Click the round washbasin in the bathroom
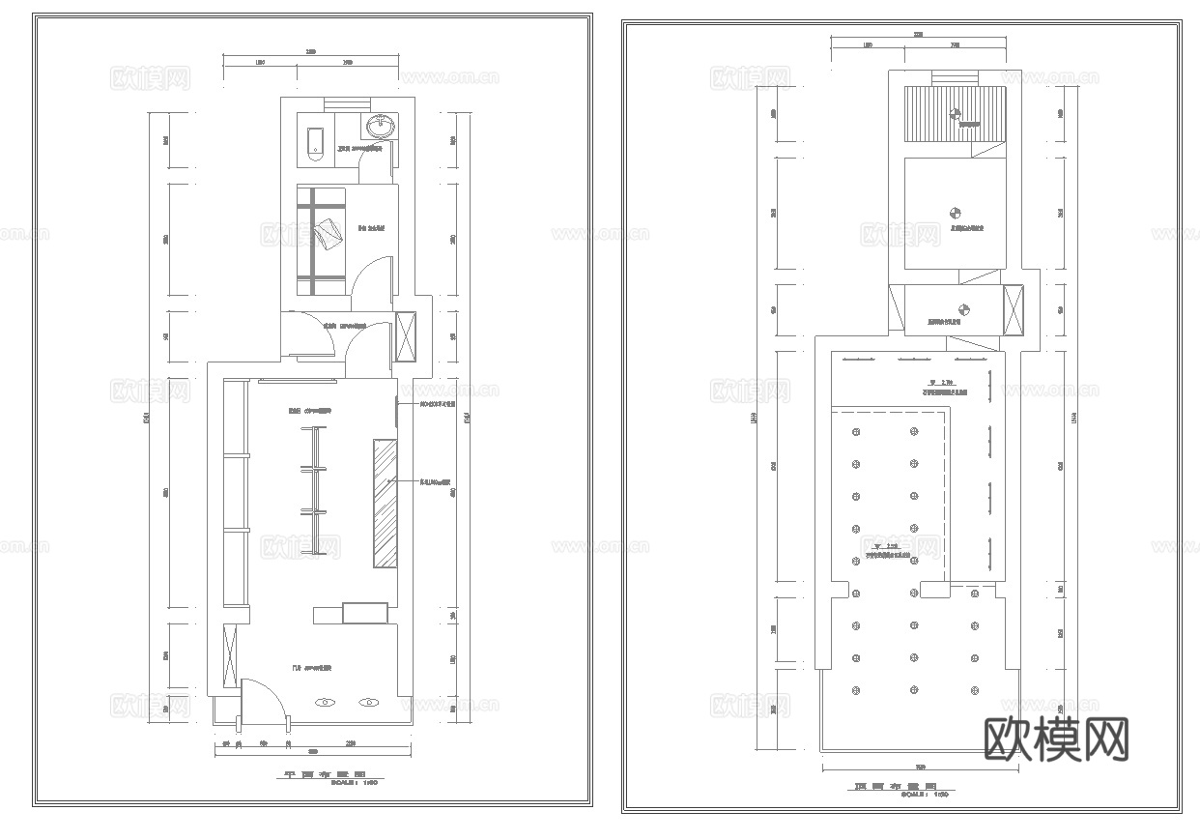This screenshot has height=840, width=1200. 380,126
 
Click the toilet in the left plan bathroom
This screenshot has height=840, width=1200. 314,141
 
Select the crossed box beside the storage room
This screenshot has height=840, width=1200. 406,336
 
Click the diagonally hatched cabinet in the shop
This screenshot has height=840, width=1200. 386,504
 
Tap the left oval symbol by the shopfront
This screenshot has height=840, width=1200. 327,703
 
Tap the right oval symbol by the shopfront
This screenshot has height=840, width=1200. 368,703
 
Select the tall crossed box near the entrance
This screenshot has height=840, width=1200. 230,657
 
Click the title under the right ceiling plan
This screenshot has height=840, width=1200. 896,788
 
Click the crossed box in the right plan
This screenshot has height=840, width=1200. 1014,309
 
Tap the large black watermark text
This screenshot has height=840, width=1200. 1056,739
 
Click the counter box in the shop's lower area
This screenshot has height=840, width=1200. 364,613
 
